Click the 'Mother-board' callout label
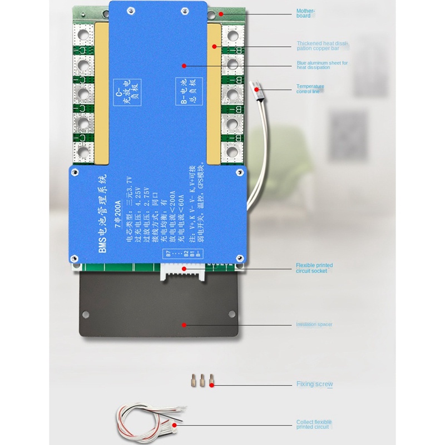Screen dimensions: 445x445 coord(305,13)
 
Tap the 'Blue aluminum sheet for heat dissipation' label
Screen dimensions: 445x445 coord(322,65)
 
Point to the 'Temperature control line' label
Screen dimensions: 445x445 coord(310,89)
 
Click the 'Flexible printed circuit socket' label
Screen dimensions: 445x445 coord(314,268)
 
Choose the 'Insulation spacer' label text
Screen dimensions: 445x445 coord(314,324)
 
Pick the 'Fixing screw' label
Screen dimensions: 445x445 coord(314,384)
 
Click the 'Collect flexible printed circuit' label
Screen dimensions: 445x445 coord(314,425)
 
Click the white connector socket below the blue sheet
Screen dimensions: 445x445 coord(183,272)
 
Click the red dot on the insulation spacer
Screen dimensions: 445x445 coord(184,324)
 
